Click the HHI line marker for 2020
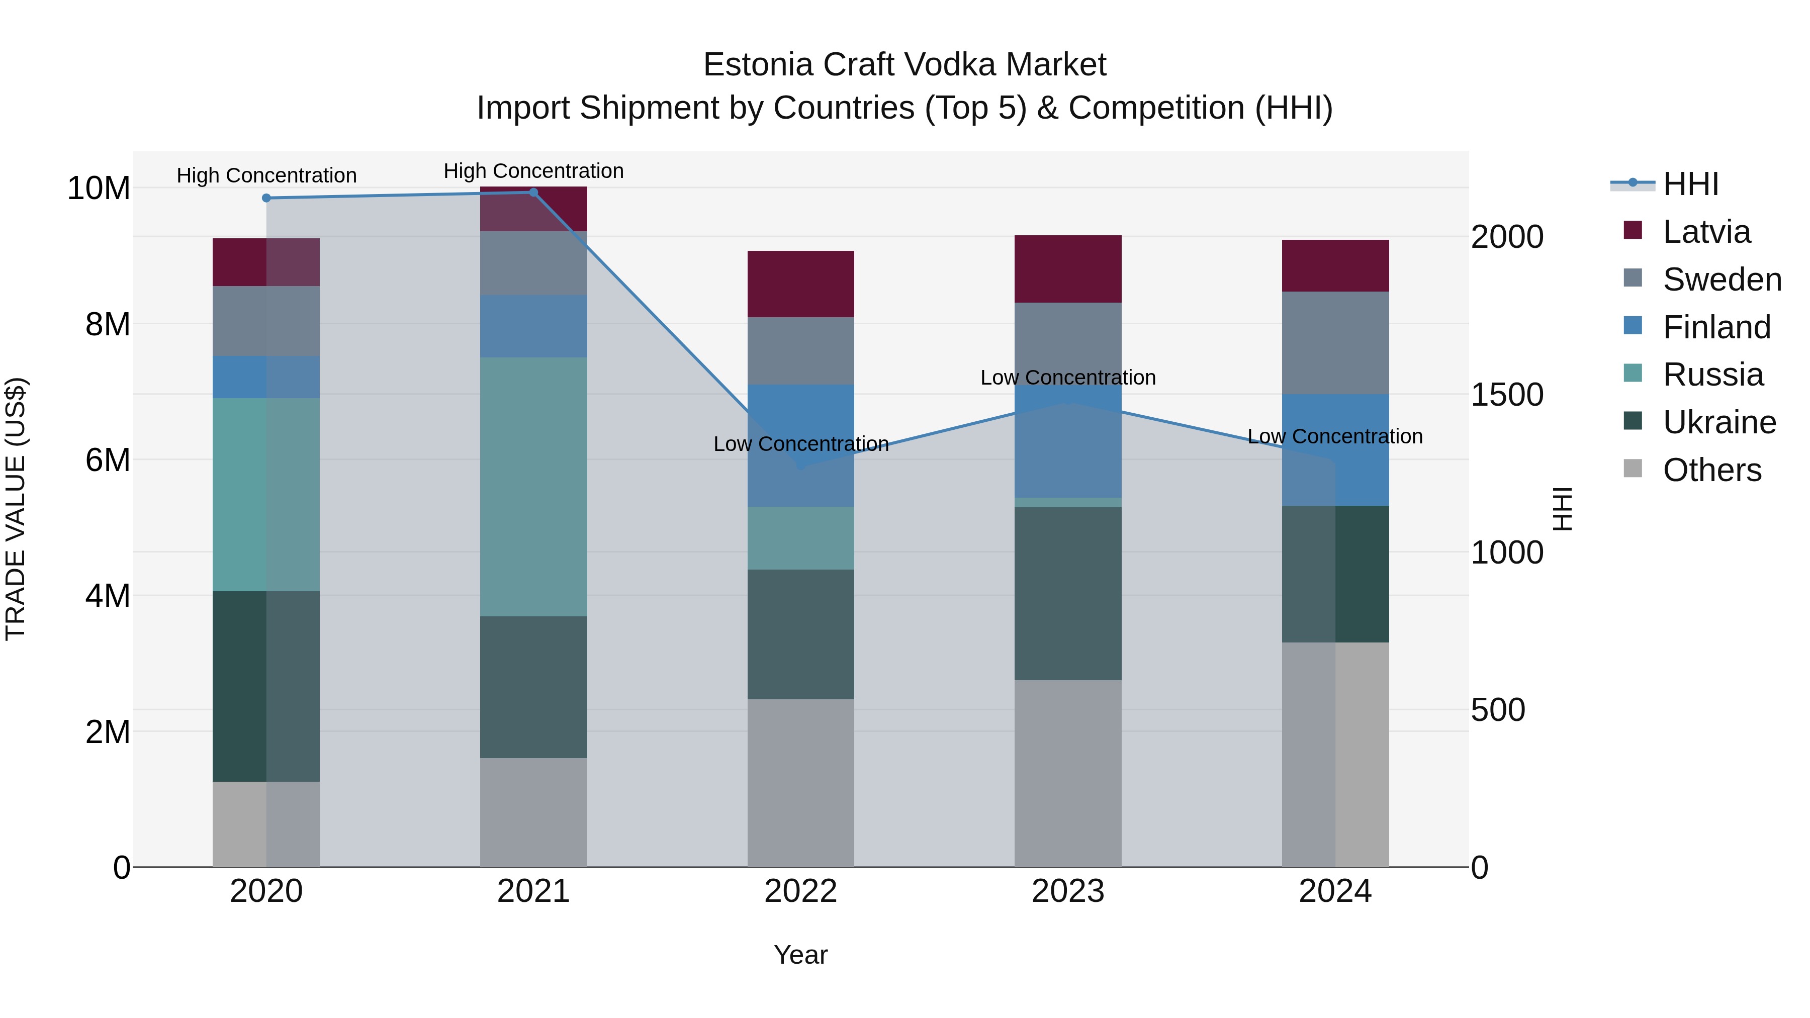[x=266, y=198]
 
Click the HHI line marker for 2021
[x=533, y=193]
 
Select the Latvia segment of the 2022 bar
[x=800, y=284]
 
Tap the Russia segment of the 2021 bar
[x=533, y=486]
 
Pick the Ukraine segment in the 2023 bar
[x=1067, y=593]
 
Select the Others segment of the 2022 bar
[x=800, y=783]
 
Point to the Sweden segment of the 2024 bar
[x=1335, y=343]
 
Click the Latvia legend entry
[x=1706, y=232]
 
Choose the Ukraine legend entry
[x=1718, y=422]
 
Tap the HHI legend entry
[x=1690, y=184]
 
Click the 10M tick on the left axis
[x=99, y=189]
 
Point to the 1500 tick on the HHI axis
[x=1507, y=395]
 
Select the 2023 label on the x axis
[x=1067, y=891]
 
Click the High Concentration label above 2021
[x=533, y=171]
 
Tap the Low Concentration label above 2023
[x=1067, y=377]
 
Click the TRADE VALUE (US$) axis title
[x=16, y=509]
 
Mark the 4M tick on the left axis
[x=108, y=596]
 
